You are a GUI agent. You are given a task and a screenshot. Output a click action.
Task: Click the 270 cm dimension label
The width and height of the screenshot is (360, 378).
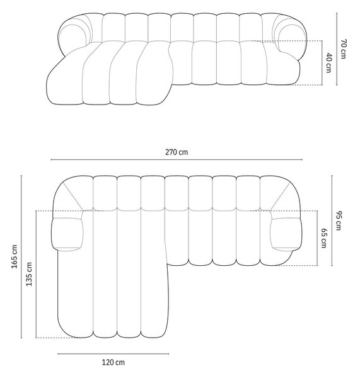click(177, 152)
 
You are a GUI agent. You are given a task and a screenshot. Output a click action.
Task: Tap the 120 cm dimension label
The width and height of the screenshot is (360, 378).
click(113, 362)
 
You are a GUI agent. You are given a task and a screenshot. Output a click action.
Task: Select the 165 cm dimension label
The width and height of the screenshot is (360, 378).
click(15, 256)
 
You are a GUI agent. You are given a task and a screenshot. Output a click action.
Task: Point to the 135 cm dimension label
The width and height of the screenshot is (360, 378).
click(29, 274)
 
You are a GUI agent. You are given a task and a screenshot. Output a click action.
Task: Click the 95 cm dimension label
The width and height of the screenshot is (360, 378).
click(339, 220)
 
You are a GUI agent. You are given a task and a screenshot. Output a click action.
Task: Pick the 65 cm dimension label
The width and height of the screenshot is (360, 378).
click(324, 238)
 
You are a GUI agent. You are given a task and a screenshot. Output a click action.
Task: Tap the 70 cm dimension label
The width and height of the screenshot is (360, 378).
click(344, 49)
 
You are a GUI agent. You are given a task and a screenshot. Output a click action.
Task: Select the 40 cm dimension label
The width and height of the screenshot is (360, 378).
click(328, 62)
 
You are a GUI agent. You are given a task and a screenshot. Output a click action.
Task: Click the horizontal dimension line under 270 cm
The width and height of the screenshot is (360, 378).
click(177, 159)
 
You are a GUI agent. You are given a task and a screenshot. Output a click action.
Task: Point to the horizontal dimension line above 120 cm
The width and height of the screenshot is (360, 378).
click(113, 354)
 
